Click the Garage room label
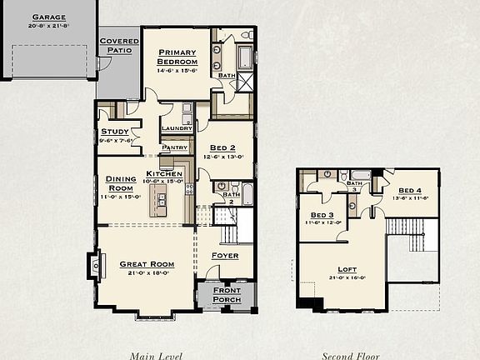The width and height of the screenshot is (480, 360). (x=48, y=17)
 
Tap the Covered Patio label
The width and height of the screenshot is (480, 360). (x=119, y=45)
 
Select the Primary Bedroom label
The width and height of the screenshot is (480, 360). (x=177, y=57)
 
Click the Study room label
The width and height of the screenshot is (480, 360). (x=114, y=132)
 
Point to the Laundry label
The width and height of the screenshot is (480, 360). (x=177, y=128)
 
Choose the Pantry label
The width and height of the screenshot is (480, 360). (x=175, y=147)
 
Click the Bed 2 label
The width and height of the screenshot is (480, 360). (x=223, y=147)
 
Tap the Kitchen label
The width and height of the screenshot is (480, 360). (x=164, y=172)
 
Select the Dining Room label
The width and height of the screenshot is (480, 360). (x=121, y=182)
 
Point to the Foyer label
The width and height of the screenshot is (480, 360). (x=224, y=254)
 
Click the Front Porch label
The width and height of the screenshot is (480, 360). (x=227, y=294)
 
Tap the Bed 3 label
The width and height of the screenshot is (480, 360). (x=322, y=215)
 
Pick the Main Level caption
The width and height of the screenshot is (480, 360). (x=157, y=355)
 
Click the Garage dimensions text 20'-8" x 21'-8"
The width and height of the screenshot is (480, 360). (x=48, y=26)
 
